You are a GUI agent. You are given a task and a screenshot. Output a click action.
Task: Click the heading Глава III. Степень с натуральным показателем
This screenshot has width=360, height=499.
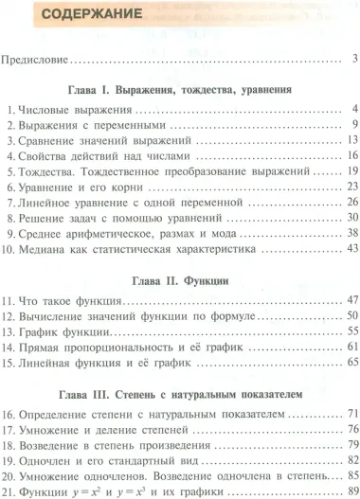[x=179, y=391]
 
